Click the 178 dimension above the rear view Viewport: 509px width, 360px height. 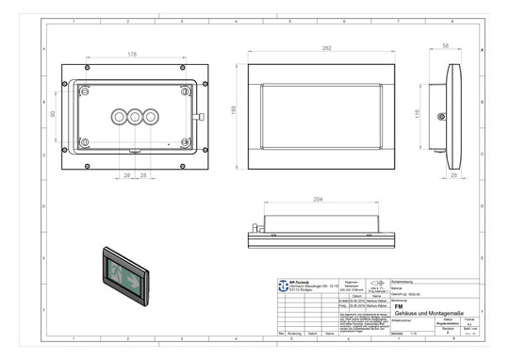[131, 55]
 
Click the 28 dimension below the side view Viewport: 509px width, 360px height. [453, 175]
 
